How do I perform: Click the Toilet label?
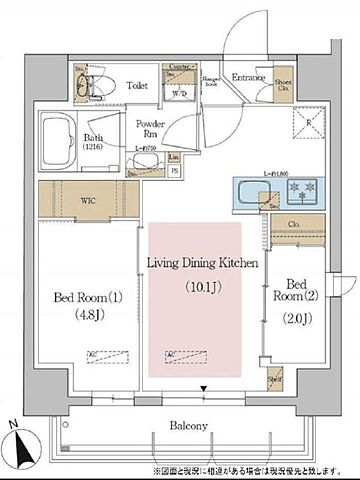[139, 86]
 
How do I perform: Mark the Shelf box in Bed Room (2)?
[275, 381]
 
